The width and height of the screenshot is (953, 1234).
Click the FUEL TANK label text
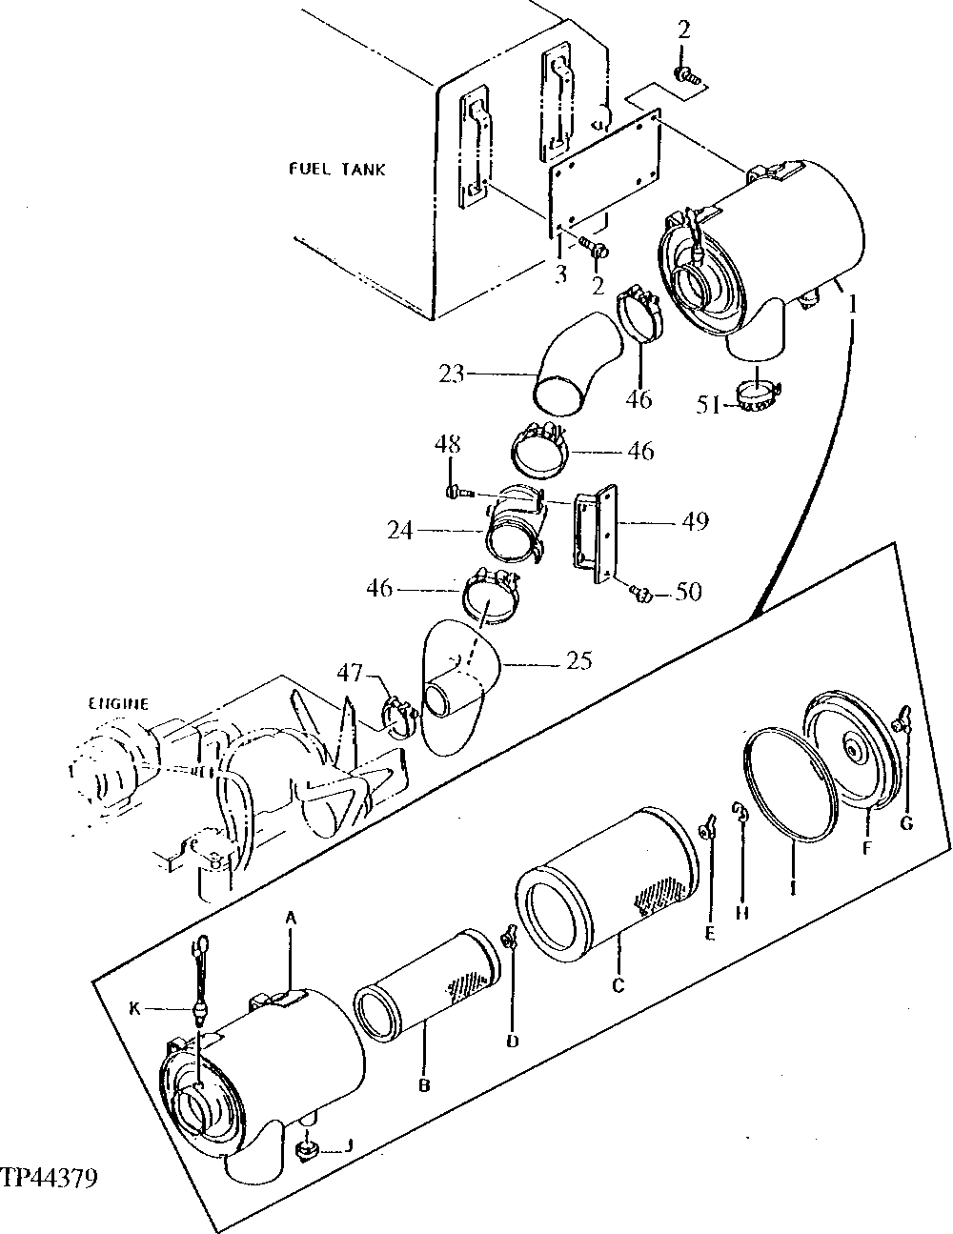pos(337,170)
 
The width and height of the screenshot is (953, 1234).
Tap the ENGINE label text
pos(119,704)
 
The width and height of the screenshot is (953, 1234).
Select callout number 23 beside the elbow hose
pos(452,374)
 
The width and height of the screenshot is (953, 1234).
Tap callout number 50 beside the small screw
pos(687,592)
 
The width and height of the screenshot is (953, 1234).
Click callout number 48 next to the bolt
pos(449,444)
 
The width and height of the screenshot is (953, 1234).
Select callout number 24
pos(400,530)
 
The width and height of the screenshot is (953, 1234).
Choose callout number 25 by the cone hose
pos(578,659)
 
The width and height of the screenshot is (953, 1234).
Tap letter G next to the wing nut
pos(906,823)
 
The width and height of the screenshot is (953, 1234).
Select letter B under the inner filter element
pos(425,1084)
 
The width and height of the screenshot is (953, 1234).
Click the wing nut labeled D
pos(511,947)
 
